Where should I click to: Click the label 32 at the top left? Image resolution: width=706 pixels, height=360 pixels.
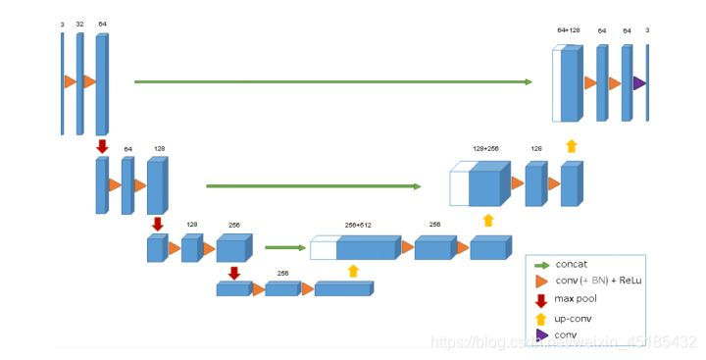click(x=79, y=23)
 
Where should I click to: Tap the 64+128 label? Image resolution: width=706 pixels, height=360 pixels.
click(x=568, y=30)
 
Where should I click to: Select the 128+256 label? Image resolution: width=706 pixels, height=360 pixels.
click(x=485, y=148)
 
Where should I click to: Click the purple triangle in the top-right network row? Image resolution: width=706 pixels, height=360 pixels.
click(x=639, y=83)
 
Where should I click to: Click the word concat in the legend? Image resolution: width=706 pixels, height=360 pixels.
click(x=572, y=264)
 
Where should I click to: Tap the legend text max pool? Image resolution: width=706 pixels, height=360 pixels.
click(x=578, y=299)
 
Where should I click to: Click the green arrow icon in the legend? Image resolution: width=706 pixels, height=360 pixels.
click(x=541, y=265)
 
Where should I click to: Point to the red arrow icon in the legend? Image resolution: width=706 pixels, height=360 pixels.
click(x=541, y=299)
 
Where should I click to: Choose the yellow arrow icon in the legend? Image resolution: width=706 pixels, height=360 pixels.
click(x=541, y=318)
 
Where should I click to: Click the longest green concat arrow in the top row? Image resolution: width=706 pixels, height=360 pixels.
click(x=333, y=81)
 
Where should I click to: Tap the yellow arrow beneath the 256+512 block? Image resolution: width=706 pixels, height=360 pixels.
click(x=354, y=271)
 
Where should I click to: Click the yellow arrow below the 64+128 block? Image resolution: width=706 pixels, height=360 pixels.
click(x=571, y=146)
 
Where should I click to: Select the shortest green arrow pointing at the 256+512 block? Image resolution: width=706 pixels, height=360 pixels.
click(x=285, y=248)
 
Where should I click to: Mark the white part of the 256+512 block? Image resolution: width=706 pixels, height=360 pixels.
click(x=323, y=248)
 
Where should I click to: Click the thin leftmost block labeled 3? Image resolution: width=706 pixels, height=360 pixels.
click(x=62, y=83)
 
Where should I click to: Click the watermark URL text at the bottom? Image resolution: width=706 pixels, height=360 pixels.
click(x=564, y=342)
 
